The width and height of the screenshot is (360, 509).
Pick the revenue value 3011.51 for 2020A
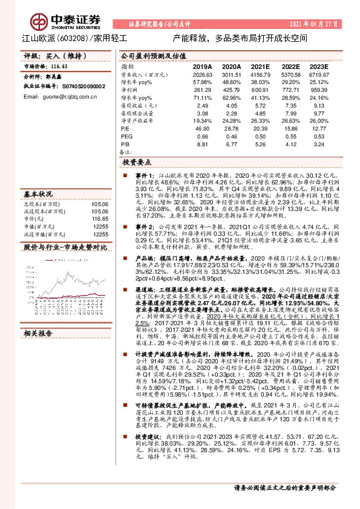click(232, 74)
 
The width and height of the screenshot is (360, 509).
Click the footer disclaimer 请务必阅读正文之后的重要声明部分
click(284, 487)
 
